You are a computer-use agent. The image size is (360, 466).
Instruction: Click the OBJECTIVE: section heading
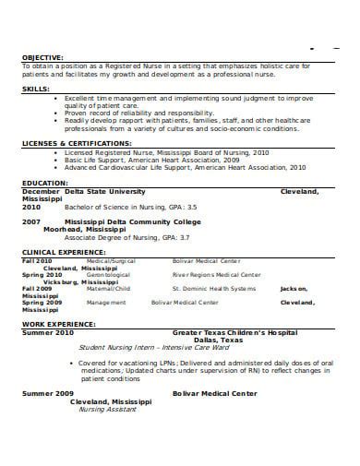coord(42,57)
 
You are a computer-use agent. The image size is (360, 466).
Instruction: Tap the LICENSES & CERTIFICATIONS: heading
coord(78,145)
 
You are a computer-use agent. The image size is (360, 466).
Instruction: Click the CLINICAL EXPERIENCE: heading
coord(65,252)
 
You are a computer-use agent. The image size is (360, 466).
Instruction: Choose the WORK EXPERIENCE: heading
coord(59,324)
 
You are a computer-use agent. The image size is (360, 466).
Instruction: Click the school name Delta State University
coord(105,190)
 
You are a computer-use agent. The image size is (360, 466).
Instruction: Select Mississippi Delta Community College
coord(124,222)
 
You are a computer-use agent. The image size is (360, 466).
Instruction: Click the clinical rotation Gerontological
coord(109,274)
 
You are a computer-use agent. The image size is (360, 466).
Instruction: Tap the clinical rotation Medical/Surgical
coord(110,261)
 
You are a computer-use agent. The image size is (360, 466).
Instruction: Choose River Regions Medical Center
coord(216,274)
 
